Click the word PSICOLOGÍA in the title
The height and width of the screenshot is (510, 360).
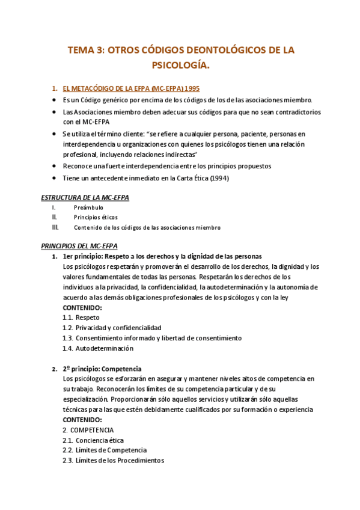pos(180,64)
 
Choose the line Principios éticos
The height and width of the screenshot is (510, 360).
pos(96,217)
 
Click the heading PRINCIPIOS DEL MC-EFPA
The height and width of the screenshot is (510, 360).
pos(79,247)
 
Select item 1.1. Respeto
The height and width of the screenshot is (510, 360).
pos(81,317)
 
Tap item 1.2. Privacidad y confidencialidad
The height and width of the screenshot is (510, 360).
pos(112,328)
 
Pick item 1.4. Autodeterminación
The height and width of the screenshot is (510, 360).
pos(98,348)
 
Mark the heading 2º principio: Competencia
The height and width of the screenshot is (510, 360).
pos(102,369)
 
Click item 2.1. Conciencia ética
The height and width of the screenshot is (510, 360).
pos(93,440)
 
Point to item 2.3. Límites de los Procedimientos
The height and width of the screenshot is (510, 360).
pos(113,461)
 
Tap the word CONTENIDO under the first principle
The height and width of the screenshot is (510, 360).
pos(82,307)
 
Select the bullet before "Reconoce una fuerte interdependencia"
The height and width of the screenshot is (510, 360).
pos(54,165)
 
